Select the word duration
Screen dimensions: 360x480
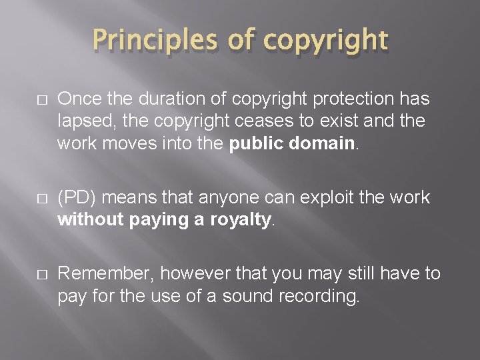pyautogui.click(x=164, y=99)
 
